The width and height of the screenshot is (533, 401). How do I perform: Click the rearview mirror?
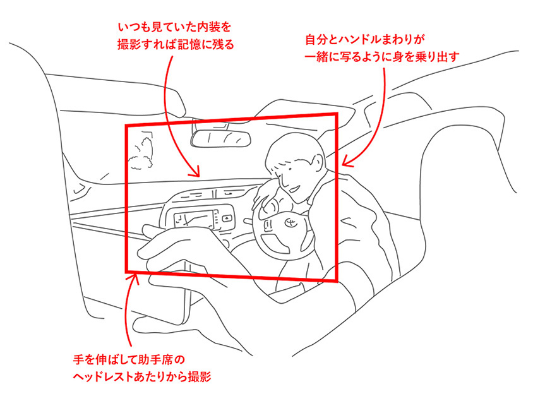point(221,139)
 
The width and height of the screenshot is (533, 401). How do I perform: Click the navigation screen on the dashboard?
point(193,219)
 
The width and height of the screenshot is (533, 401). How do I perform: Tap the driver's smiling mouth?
point(295,188)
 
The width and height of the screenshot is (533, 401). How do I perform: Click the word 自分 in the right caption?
point(316,39)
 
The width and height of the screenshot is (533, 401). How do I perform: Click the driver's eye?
point(289,169)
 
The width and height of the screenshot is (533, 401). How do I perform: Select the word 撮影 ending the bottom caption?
point(200,377)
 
